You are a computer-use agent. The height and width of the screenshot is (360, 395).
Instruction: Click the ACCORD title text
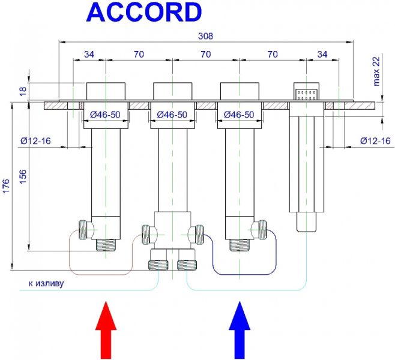(144, 13)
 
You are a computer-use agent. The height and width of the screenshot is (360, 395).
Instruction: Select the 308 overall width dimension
(207, 35)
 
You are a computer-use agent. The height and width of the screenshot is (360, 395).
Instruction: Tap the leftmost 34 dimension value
(89, 54)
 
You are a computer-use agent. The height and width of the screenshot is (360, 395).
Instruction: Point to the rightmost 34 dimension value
(322, 54)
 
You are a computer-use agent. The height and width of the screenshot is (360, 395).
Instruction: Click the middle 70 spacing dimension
(207, 54)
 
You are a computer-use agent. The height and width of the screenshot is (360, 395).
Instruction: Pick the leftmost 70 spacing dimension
(139, 54)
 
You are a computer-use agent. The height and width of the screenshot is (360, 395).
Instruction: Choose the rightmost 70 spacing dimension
(273, 54)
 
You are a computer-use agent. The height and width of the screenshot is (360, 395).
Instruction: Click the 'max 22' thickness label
(376, 71)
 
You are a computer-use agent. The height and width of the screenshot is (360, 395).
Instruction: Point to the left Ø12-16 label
(34, 140)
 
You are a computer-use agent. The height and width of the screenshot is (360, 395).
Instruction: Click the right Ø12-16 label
(375, 140)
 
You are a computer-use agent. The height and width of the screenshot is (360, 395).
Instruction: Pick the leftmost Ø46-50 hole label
(106, 114)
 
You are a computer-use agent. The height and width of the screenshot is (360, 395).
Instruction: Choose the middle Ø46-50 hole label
(173, 114)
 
